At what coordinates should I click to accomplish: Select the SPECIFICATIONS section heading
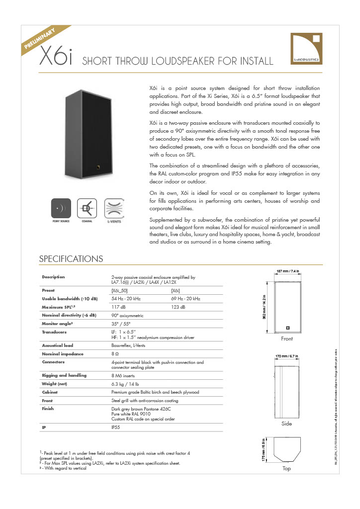[71, 259]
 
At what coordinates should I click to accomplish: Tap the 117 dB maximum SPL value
[118, 307]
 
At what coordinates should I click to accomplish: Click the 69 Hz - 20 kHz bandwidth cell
[185, 298]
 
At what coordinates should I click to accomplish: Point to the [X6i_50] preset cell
[121, 290]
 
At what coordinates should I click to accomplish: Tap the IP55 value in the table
[116, 426]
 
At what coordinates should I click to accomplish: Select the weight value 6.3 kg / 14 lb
[125, 384]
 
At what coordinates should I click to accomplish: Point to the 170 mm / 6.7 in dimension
[287, 356]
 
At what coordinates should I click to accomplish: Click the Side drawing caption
[287, 424]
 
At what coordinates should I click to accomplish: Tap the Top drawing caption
[286, 469]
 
